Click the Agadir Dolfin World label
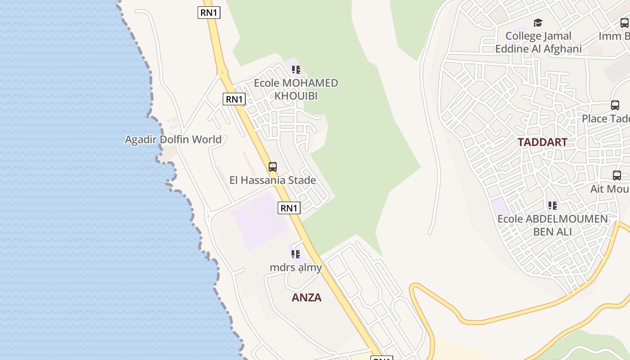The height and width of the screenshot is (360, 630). click(x=173, y=139)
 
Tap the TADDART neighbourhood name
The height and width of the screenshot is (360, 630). click(x=542, y=142)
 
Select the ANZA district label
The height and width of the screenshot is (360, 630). click(x=306, y=297)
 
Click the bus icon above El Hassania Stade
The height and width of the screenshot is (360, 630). click(x=272, y=167)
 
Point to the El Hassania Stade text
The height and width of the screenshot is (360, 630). click(x=272, y=180)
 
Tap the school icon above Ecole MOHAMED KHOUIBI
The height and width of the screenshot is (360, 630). click(x=296, y=70)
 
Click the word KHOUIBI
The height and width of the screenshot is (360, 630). click(x=296, y=96)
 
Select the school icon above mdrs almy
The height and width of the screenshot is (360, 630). click(x=295, y=254)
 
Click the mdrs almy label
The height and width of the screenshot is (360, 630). click(x=296, y=268)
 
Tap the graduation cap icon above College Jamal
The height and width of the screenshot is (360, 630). click(x=538, y=22)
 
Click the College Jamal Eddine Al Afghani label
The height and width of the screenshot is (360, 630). click(x=538, y=42)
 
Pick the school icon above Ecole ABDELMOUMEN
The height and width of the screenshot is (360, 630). click(x=552, y=206)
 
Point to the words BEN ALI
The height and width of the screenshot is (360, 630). click(x=552, y=232)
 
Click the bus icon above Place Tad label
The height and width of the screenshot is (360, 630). click(x=615, y=105)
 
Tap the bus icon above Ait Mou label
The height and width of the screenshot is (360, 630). click(x=616, y=175)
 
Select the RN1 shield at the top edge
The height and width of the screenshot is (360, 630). click(x=209, y=13)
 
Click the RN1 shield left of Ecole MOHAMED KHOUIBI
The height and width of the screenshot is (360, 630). click(x=234, y=99)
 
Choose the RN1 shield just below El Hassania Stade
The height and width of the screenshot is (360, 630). click(x=289, y=208)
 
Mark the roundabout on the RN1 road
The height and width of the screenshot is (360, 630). click(x=222, y=72)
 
